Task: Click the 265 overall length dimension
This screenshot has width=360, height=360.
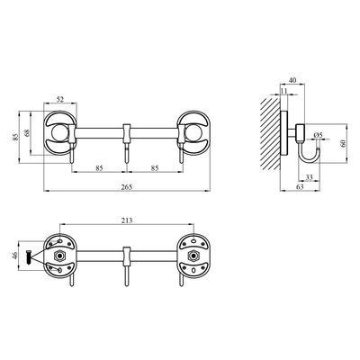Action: [x=127, y=187]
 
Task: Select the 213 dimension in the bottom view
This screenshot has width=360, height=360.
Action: [x=127, y=220]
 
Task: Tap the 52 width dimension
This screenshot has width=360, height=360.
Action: [x=60, y=100]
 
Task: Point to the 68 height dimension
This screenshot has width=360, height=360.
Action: [x=27, y=133]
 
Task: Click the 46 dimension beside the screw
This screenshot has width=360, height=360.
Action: [x=15, y=256]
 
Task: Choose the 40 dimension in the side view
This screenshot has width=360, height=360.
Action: [x=292, y=80]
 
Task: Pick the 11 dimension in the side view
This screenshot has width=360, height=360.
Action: [x=284, y=91]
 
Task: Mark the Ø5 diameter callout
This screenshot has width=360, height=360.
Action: [x=318, y=135]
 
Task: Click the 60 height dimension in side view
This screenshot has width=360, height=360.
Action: [x=343, y=143]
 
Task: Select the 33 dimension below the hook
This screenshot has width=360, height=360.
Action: [x=309, y=177]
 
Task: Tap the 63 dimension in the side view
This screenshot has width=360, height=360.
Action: [x=300, y=186]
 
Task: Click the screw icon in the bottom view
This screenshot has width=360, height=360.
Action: [x=28, y=257]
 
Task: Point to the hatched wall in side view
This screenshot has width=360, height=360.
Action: [x=270, y=134]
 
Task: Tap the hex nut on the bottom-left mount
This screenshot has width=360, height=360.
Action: [x=60, y=256]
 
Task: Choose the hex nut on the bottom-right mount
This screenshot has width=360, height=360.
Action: [x=193, y=256]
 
